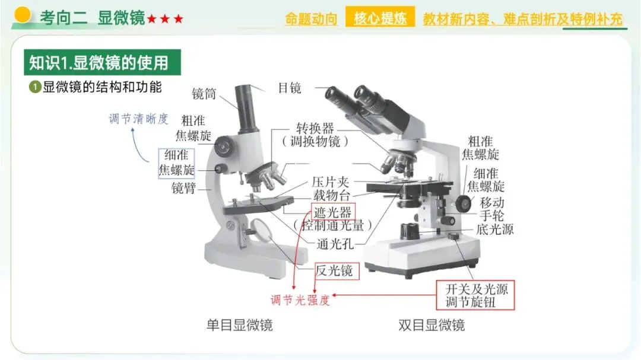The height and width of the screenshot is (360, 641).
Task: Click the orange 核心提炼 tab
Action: click(380, 17)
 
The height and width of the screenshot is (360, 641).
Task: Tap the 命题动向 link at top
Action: click(311, 19)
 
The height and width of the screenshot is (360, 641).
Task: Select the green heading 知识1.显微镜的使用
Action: click(102, 62)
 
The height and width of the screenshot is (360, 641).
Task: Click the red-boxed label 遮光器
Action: click(333, 212)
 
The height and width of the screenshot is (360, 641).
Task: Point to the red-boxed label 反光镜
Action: click(337, 271)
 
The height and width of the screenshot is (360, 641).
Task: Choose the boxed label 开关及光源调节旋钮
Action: click(475, 295)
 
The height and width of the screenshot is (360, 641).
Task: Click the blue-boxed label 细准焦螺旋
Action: click(176, 163)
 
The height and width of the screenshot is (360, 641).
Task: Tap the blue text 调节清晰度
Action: click(138, 119)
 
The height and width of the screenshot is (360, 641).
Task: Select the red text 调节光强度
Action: click(300, 300)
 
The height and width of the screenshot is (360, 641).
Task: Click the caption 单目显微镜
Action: click(240, 325)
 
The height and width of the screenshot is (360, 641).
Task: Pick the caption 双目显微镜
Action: click(431, 325)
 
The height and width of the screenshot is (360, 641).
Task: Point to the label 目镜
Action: click(290, 87)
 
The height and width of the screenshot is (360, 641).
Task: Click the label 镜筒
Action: click(204, 94)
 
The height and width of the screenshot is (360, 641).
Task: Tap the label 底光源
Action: click(495, 230)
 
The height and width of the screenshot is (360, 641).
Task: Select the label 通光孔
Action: click(335, 244)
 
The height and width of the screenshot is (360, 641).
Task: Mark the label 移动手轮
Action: click(492, 209)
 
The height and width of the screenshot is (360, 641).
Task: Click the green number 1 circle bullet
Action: click(35, 87)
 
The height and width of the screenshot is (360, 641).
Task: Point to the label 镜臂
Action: click(183, 189)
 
